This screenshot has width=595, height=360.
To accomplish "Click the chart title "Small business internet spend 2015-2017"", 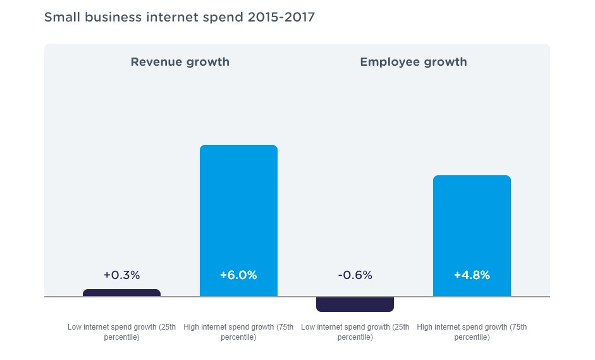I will pos(179,17).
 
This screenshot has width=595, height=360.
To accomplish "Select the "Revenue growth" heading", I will pos(180,62).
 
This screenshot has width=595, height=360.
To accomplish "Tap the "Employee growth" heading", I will pos(414,62).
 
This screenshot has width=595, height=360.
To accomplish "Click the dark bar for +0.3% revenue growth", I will pos(121,293).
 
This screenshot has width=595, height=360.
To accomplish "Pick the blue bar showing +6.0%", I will pos(238,209).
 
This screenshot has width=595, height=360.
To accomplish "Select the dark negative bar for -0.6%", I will pos(355,304).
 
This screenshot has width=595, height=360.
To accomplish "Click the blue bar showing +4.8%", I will pos(472,228).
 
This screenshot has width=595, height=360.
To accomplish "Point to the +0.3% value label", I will pos(121,275).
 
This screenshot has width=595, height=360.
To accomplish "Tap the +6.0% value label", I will pos(238,275).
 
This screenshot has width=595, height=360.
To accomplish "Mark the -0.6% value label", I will pos(355,275).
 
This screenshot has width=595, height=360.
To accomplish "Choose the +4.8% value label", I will pos(472,275).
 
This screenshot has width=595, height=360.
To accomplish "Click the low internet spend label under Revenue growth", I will pos(121,332).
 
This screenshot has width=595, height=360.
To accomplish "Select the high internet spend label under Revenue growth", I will pos(238,332).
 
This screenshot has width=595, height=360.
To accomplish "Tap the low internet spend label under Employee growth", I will pos(355,332).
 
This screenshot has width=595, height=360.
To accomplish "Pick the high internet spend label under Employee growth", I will pos(472,332).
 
